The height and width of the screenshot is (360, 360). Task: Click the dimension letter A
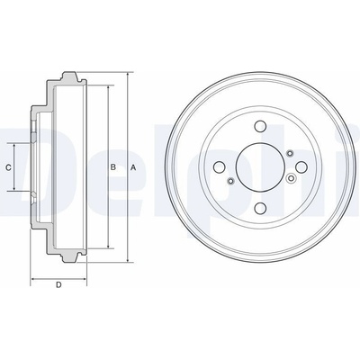click(133, 167)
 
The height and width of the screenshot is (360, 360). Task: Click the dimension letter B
click(112, 167)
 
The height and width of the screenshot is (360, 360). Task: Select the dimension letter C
click(9, 167)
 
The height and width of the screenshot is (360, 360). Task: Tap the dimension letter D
click(58, 284)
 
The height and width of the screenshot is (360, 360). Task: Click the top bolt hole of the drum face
click(260, 126)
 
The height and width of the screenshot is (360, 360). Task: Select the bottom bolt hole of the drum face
click(260, 208)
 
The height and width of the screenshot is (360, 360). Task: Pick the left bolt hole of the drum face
click(220, 166)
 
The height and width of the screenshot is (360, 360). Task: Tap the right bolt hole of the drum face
click(301, 166)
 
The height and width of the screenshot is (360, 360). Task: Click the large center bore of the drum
click(260, 166)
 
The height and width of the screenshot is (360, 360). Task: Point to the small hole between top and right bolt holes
click(290, 154)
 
